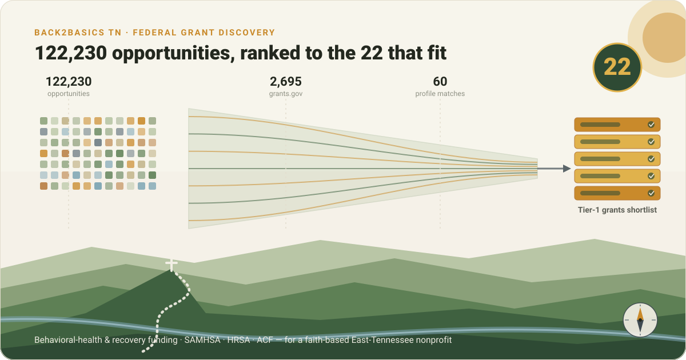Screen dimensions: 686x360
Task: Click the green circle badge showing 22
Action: tap(617, 67)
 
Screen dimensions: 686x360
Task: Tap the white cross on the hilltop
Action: tap(171, 265)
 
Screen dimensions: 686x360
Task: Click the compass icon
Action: tap(640, 320)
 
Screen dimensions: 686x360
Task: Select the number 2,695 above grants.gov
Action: tap(286, 81)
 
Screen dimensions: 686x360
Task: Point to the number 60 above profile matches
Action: tap(440, 81)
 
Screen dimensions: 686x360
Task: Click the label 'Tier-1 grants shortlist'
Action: tap(617, 210)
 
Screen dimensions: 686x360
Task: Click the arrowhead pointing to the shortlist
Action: tap(567, 169)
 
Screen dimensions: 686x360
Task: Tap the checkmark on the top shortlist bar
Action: tap(651, 125)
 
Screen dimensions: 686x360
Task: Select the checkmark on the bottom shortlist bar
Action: tap(651, 193)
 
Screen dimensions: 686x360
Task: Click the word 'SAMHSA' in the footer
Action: tap(202, 340)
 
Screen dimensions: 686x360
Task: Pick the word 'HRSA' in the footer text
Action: tap(238, 340)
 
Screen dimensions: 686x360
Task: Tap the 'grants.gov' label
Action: tap(286, 94)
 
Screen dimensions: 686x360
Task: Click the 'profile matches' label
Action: tap(440, 94)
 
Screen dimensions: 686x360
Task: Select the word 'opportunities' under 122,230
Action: tap(69, 94)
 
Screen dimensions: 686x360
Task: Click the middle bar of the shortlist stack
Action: tap(617, 159)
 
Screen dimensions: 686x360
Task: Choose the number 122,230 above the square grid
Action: tap(69, 81)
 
